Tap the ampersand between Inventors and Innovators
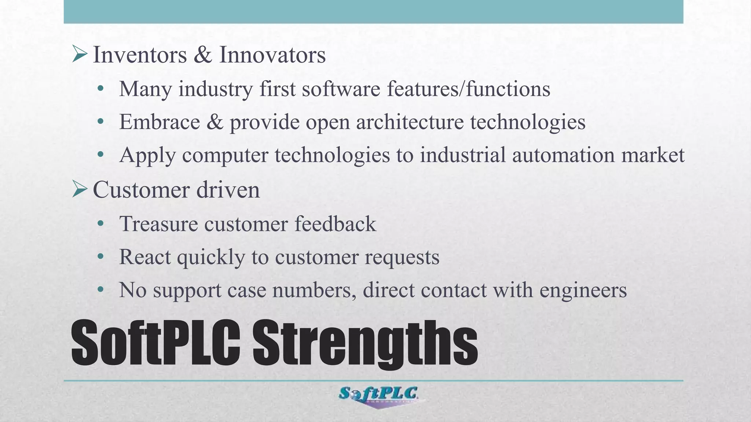click(203, 55)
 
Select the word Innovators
click(272, 55)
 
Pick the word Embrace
click(160, 122)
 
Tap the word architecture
click(410, 122)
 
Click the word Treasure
click(158, 224)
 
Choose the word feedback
click(335, 224)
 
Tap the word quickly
click(211, 257)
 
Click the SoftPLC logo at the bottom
click(378, 396)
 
